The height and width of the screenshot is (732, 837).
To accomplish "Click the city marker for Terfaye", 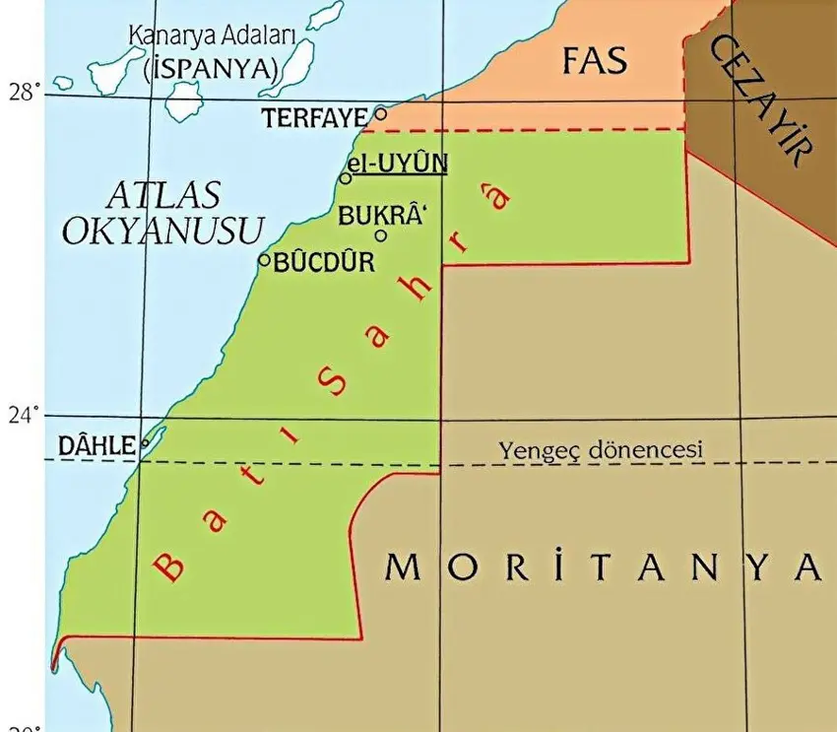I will [381, 113].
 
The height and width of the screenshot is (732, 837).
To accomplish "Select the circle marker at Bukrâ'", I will [381, 234].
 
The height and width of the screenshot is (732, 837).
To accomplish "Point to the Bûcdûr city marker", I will [264, 260].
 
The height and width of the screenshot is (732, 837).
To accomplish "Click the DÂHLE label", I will [96, 445].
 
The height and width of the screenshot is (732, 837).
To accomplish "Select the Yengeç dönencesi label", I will [602, 450].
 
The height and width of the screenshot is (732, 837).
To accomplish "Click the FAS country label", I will [594, 61].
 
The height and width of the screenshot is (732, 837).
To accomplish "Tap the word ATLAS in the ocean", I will [162, 193].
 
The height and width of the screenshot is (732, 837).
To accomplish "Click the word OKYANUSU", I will [163, 230].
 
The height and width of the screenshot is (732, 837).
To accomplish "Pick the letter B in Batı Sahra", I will [170, 565].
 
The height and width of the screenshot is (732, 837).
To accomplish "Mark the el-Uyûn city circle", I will [346, 178].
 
